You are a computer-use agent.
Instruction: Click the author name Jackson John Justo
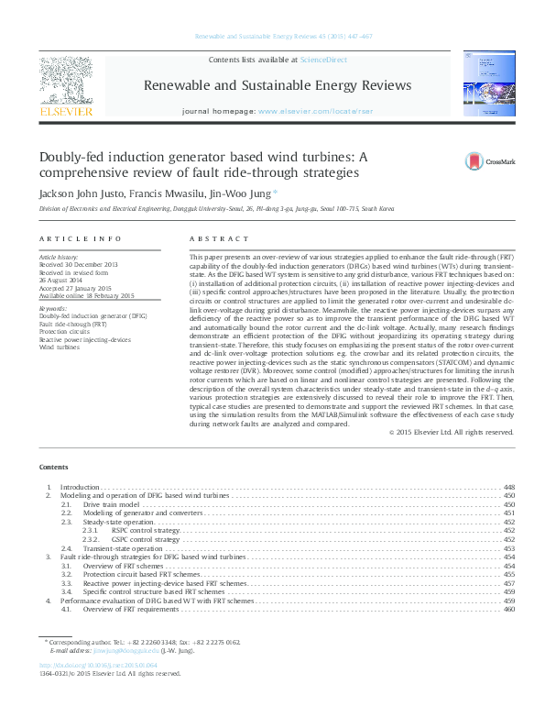click(77, 194)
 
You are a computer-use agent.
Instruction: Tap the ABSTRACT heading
click(212, 238)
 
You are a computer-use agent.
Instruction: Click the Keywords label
click(53, 309)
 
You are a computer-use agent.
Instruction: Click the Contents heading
click(54, 467)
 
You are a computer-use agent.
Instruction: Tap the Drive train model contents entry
click(110, 504)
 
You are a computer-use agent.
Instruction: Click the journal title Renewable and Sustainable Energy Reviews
click(278, 85)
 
